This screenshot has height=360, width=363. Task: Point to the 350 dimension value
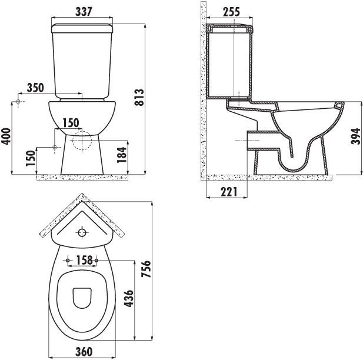click(x=36, y=88)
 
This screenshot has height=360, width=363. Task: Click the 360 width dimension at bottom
click(x=85, y=352)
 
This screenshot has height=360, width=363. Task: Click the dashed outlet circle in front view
click(x=82, y=141)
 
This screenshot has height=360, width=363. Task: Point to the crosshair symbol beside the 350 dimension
click(x=19, y=102)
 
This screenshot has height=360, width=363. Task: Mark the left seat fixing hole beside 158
click(x=69, y=260)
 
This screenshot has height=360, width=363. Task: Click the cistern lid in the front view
click(x=83, y=27)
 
